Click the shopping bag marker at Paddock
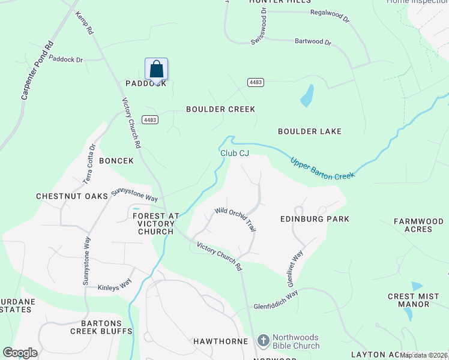[x=156, y=69]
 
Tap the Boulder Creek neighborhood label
[x=220, y=109]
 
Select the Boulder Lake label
[x=310, y=131]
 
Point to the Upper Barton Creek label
[x=322, y=167]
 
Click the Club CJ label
[x=234, y=154]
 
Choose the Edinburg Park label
[x=315, y=219]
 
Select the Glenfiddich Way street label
[x=276, y=298]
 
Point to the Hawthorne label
[x=220, y=341]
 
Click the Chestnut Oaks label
[x=71, y=196]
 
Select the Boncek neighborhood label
[x=116, y=161]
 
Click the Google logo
[x=20, y=353]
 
